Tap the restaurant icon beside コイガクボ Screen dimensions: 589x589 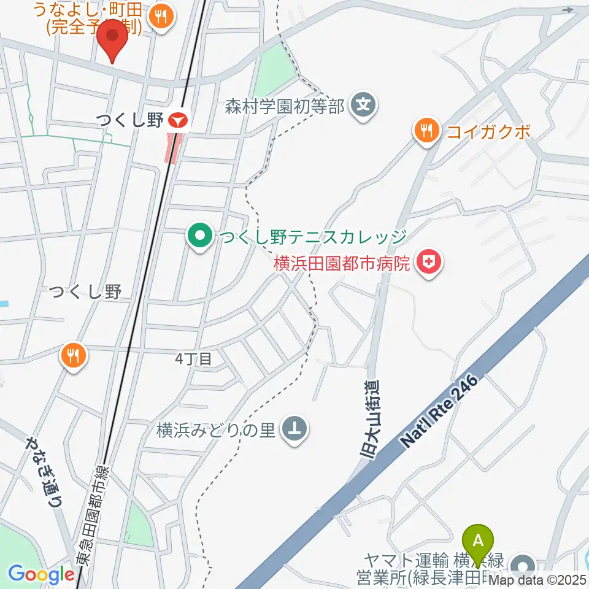pyautogui.click(x=425, y=131)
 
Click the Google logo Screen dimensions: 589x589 pyautogui.click(x=41, y=574)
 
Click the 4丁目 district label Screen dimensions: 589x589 pyautogui.click(x=193, y=359)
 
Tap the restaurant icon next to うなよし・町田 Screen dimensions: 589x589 pyautogui.click(x=162, y=17)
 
